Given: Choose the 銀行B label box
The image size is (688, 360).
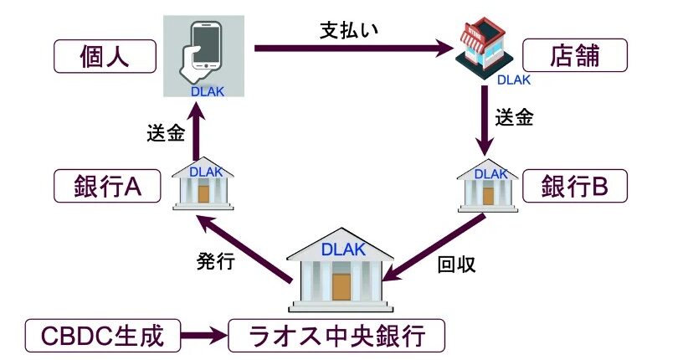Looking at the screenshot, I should tap(574, 187).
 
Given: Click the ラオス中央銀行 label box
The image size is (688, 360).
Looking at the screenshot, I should tap(336, 337).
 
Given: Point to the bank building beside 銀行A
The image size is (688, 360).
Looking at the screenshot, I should tap(203, 183).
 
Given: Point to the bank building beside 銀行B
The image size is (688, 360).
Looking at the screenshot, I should tap(487, 183).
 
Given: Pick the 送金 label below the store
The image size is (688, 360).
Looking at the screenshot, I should tap(514, 117).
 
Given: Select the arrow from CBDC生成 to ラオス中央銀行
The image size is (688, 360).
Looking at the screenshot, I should tap(204, 337).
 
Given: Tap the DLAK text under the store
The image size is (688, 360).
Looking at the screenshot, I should tap(513, 80).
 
